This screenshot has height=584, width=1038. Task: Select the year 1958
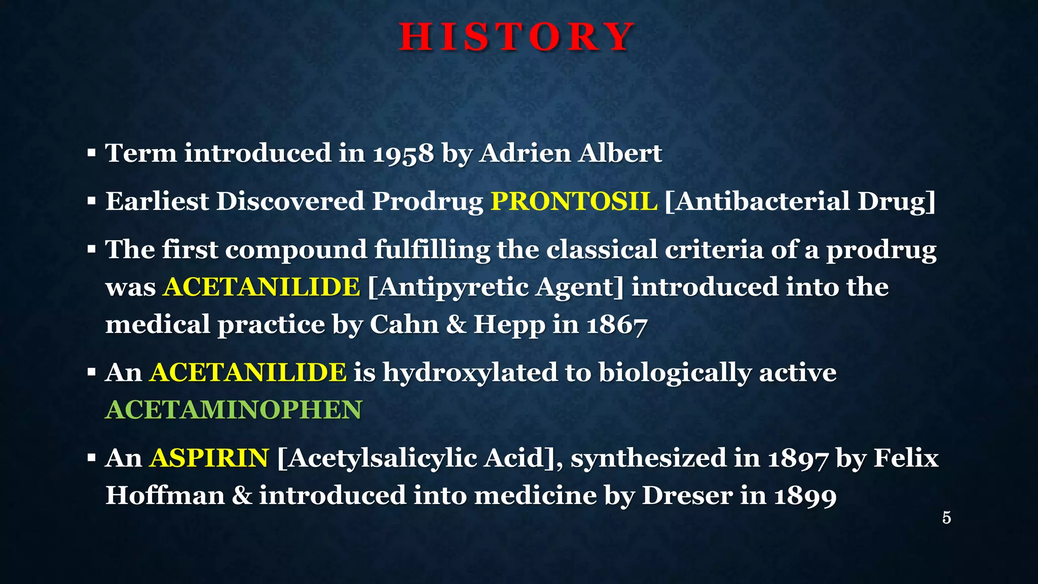[x=403, y=154]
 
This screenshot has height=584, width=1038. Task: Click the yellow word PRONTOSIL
[x=574, y=201]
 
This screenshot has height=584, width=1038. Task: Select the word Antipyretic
[x=453, y=287]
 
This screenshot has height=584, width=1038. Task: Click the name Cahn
[x=404, y=324]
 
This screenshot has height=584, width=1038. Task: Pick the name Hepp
[x=509, y=325]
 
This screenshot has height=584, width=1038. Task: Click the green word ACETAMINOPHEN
[x=234, y=410]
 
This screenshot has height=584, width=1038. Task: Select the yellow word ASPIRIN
[x=209, y=458]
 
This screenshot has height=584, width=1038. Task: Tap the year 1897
[x=798, y=458]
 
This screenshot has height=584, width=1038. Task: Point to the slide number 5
[x=946, y=518]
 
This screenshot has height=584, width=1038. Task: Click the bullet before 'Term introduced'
[x=91, y=153]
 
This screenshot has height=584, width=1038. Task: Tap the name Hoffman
[x=165, y=495]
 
